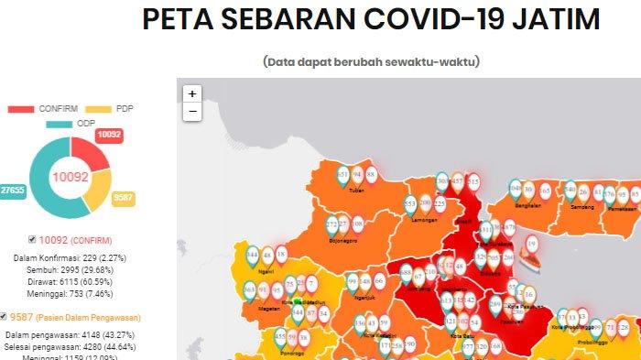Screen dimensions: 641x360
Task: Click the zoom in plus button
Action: point(192,93)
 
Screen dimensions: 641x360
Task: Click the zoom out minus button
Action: point(192,112)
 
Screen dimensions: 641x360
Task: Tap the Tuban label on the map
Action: point(356,191)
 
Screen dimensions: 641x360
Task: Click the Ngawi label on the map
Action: point(266,272)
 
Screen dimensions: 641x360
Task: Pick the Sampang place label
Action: point(582,207)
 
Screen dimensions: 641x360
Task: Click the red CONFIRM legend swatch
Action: point(20,109)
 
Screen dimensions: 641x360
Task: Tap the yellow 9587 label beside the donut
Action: point(123,198)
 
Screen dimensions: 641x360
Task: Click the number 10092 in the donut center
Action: point(70,175)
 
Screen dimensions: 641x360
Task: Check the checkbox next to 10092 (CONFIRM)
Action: point(33,238)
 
